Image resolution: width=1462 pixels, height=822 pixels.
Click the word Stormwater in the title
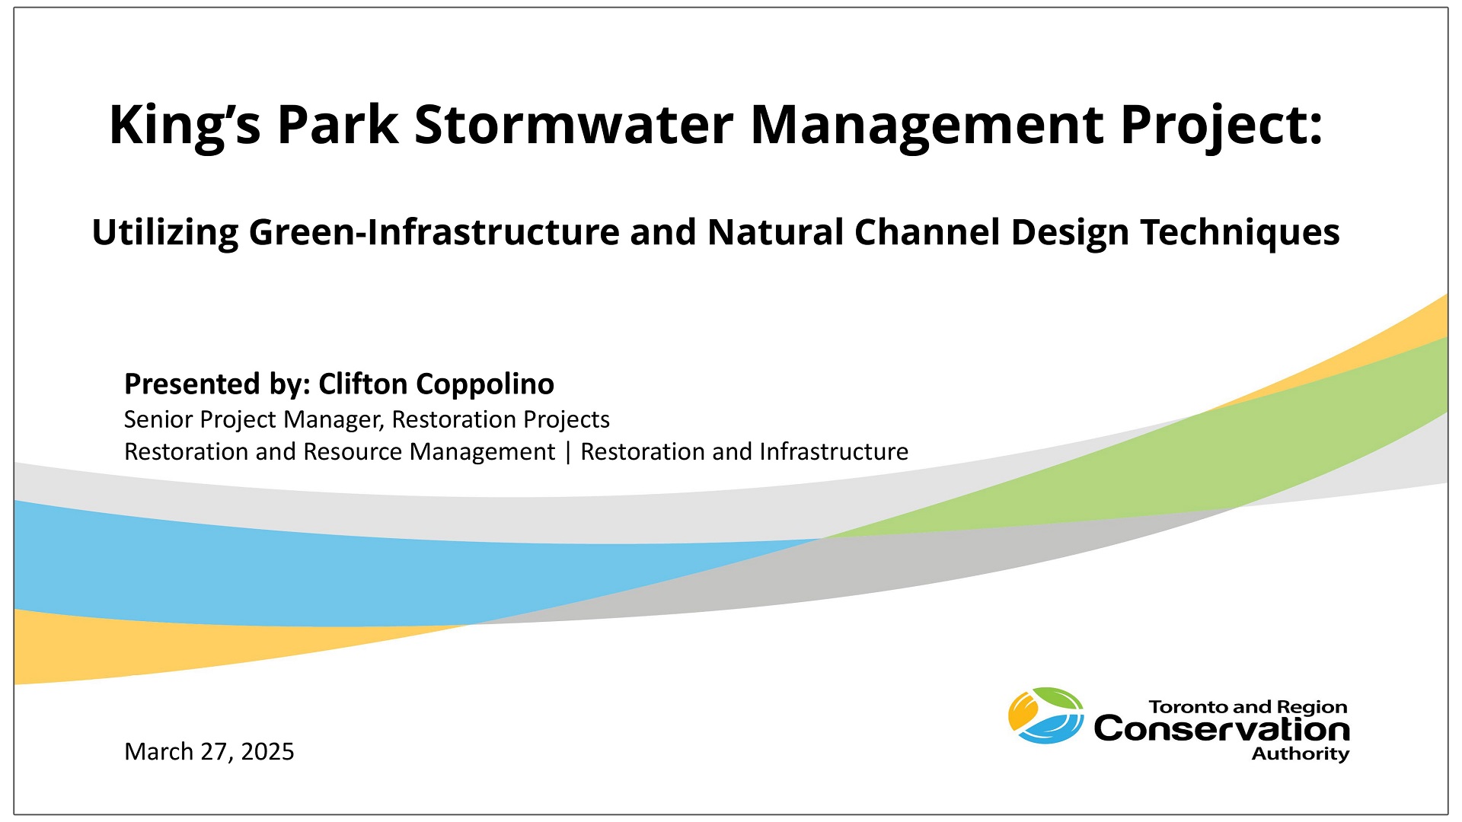point(573,124)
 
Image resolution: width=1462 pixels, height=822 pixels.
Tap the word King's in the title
point(185,124)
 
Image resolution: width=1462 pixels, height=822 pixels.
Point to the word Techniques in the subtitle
point(1240,232)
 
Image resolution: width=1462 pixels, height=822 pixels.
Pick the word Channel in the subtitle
point(927,232)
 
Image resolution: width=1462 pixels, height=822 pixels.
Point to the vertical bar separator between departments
point(568,452)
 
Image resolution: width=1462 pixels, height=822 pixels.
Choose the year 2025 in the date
point(267,752)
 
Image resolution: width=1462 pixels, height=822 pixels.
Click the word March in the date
point(158,752)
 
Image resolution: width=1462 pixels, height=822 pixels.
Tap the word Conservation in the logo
point(1221,730)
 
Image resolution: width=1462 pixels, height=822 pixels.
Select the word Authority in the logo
point(1300,754)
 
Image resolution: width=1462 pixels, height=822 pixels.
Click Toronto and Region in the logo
point(1247,707)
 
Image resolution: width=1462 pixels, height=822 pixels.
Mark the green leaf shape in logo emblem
point(1061,698)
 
